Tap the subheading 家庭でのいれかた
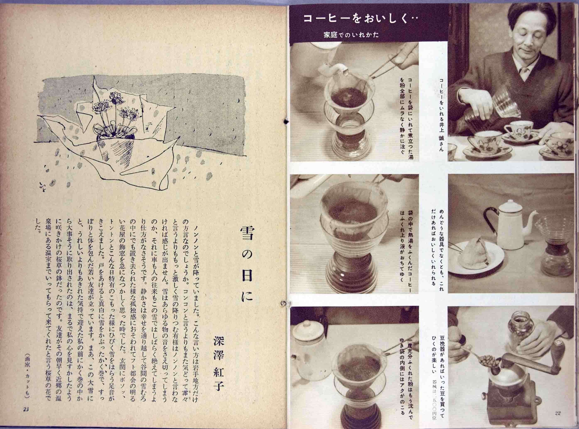351,34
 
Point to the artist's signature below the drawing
42,186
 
